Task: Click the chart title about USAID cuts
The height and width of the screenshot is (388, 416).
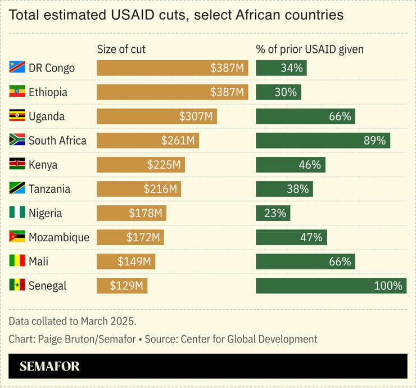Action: click(x=177, y=15)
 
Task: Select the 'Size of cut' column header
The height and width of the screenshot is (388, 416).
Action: click(x=121, y=49)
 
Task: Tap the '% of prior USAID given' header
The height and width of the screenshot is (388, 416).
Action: click(x=310, y=49)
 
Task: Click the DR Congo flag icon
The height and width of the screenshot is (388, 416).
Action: click(x=17, y=68)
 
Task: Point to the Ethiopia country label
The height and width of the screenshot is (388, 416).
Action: click(x=48, y=92)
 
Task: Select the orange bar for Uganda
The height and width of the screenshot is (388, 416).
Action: click(x=156, y=116)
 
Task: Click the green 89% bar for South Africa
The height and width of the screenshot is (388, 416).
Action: click(x=323, y=141)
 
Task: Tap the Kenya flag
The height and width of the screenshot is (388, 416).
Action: click(x=17, y=165)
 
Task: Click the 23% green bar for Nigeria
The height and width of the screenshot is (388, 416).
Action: click(x=273, y=213)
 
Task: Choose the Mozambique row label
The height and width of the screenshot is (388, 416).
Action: click(x=59, y=237)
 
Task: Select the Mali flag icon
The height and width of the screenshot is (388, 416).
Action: click(x=17, y=261)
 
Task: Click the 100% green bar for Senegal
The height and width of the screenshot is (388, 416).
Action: click(x=331, y=286)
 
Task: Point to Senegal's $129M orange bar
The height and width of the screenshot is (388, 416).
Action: click(x=122, y=286)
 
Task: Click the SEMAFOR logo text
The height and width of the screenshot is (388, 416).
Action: click(x=49, y=367)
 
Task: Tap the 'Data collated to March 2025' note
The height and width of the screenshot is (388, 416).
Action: click(x=73, y=321)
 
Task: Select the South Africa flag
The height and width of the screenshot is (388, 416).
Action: click(x=17, y=141)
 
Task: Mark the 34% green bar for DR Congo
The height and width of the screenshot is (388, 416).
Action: click(x=281, y=68)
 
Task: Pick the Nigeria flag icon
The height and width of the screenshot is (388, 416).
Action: click(x=17, y=213)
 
